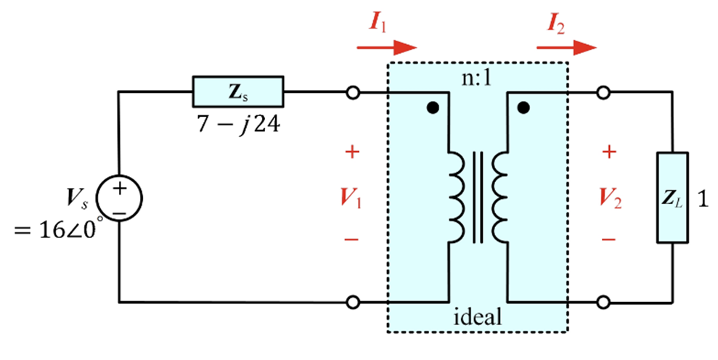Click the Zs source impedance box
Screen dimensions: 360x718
click(x=237, y=92)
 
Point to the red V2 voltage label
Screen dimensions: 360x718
click(x=611, y=197)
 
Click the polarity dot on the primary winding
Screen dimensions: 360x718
click(x=433, y=109)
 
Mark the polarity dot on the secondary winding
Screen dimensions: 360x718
click(x=523, y=109)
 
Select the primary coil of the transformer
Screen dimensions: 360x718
click(x=457, y=197)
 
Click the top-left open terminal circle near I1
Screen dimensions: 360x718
click(x=354, y=93)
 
